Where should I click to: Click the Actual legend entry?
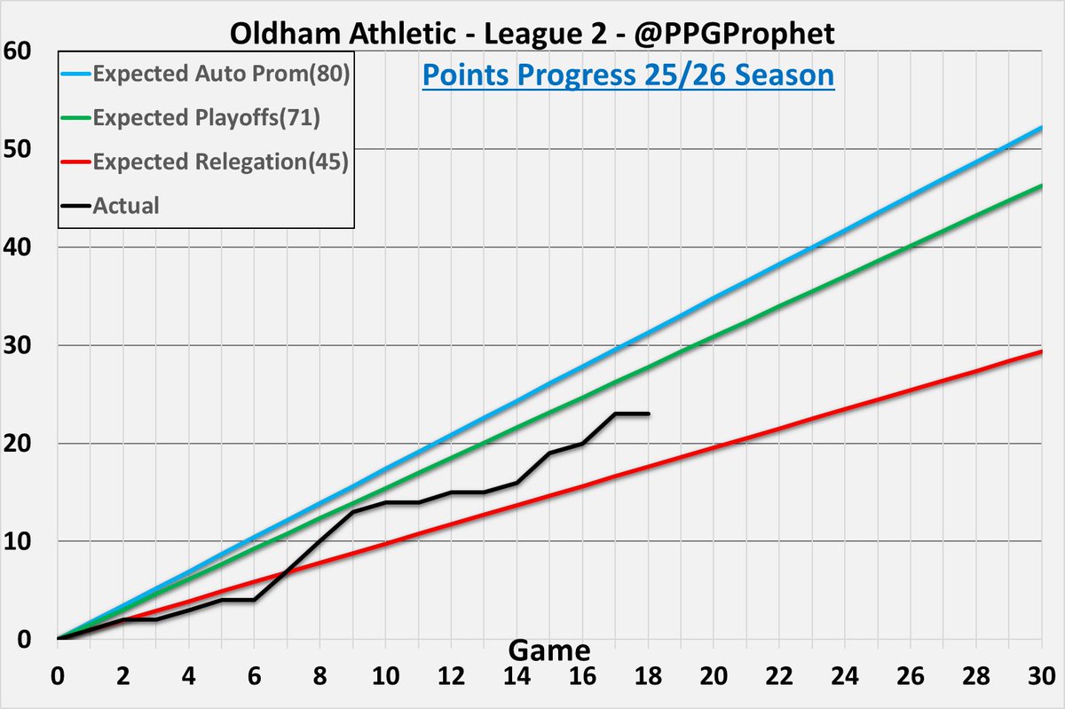click(x=126, y=206)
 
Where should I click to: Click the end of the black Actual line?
click(x=648, y=414)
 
